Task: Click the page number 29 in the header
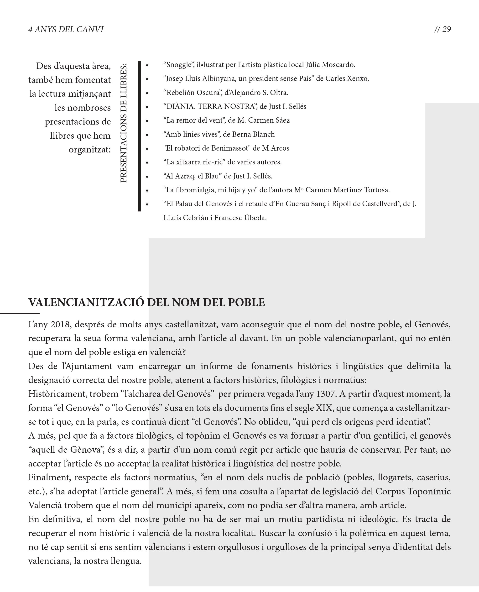point(447,29)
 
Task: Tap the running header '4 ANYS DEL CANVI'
point(66,30)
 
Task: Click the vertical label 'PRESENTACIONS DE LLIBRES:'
point(124,123)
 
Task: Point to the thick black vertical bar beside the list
point(140,136)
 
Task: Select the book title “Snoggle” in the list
point(178,65)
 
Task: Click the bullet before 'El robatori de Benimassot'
point(147,149)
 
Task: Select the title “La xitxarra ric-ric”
point(194,162)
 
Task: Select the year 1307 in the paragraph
point(326,394)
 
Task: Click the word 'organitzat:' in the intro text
point(90,150)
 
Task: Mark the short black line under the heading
point(20,314)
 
